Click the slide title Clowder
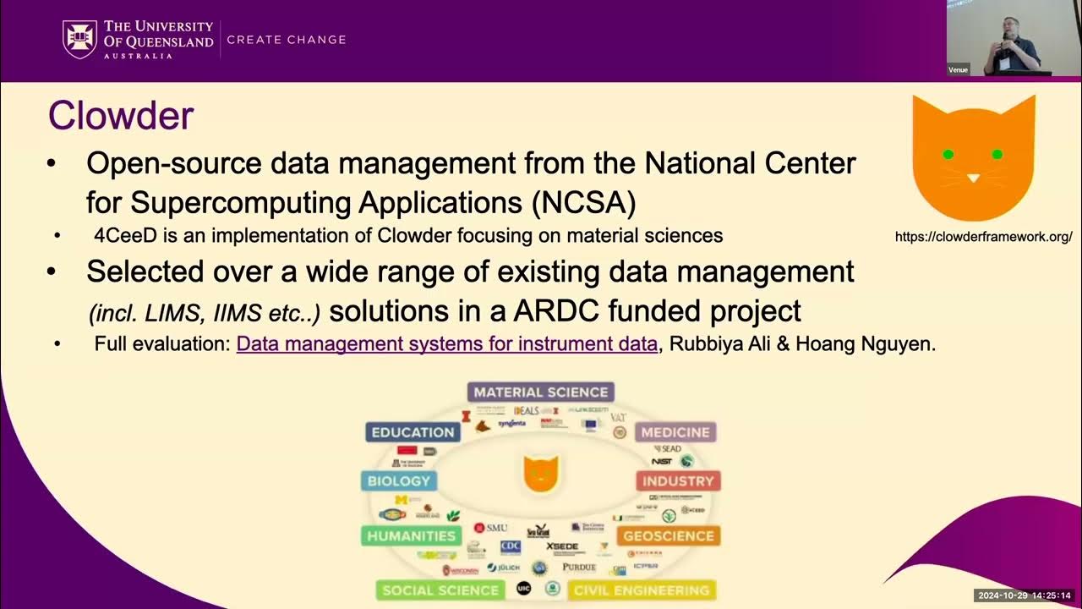(121, 116)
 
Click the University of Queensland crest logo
(79, 39)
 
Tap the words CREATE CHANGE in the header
(287, 40)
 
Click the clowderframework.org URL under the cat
(983, 238)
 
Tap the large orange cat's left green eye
(948, 154)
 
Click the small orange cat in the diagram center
(540, 473)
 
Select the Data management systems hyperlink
(446, 344)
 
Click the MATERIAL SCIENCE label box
(541, 392)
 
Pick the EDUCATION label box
(413, 432)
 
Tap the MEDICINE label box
(675, 432)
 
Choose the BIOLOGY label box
(399, 481)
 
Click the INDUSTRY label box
(678, 481)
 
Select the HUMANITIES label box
(411, 535)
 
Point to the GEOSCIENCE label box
(669, 535)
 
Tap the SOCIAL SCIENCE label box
(440, 590)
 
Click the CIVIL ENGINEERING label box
(641, 590)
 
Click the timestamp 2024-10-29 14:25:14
(1024, 595)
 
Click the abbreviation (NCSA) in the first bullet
(582, 202)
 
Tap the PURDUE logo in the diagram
(579, 567)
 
